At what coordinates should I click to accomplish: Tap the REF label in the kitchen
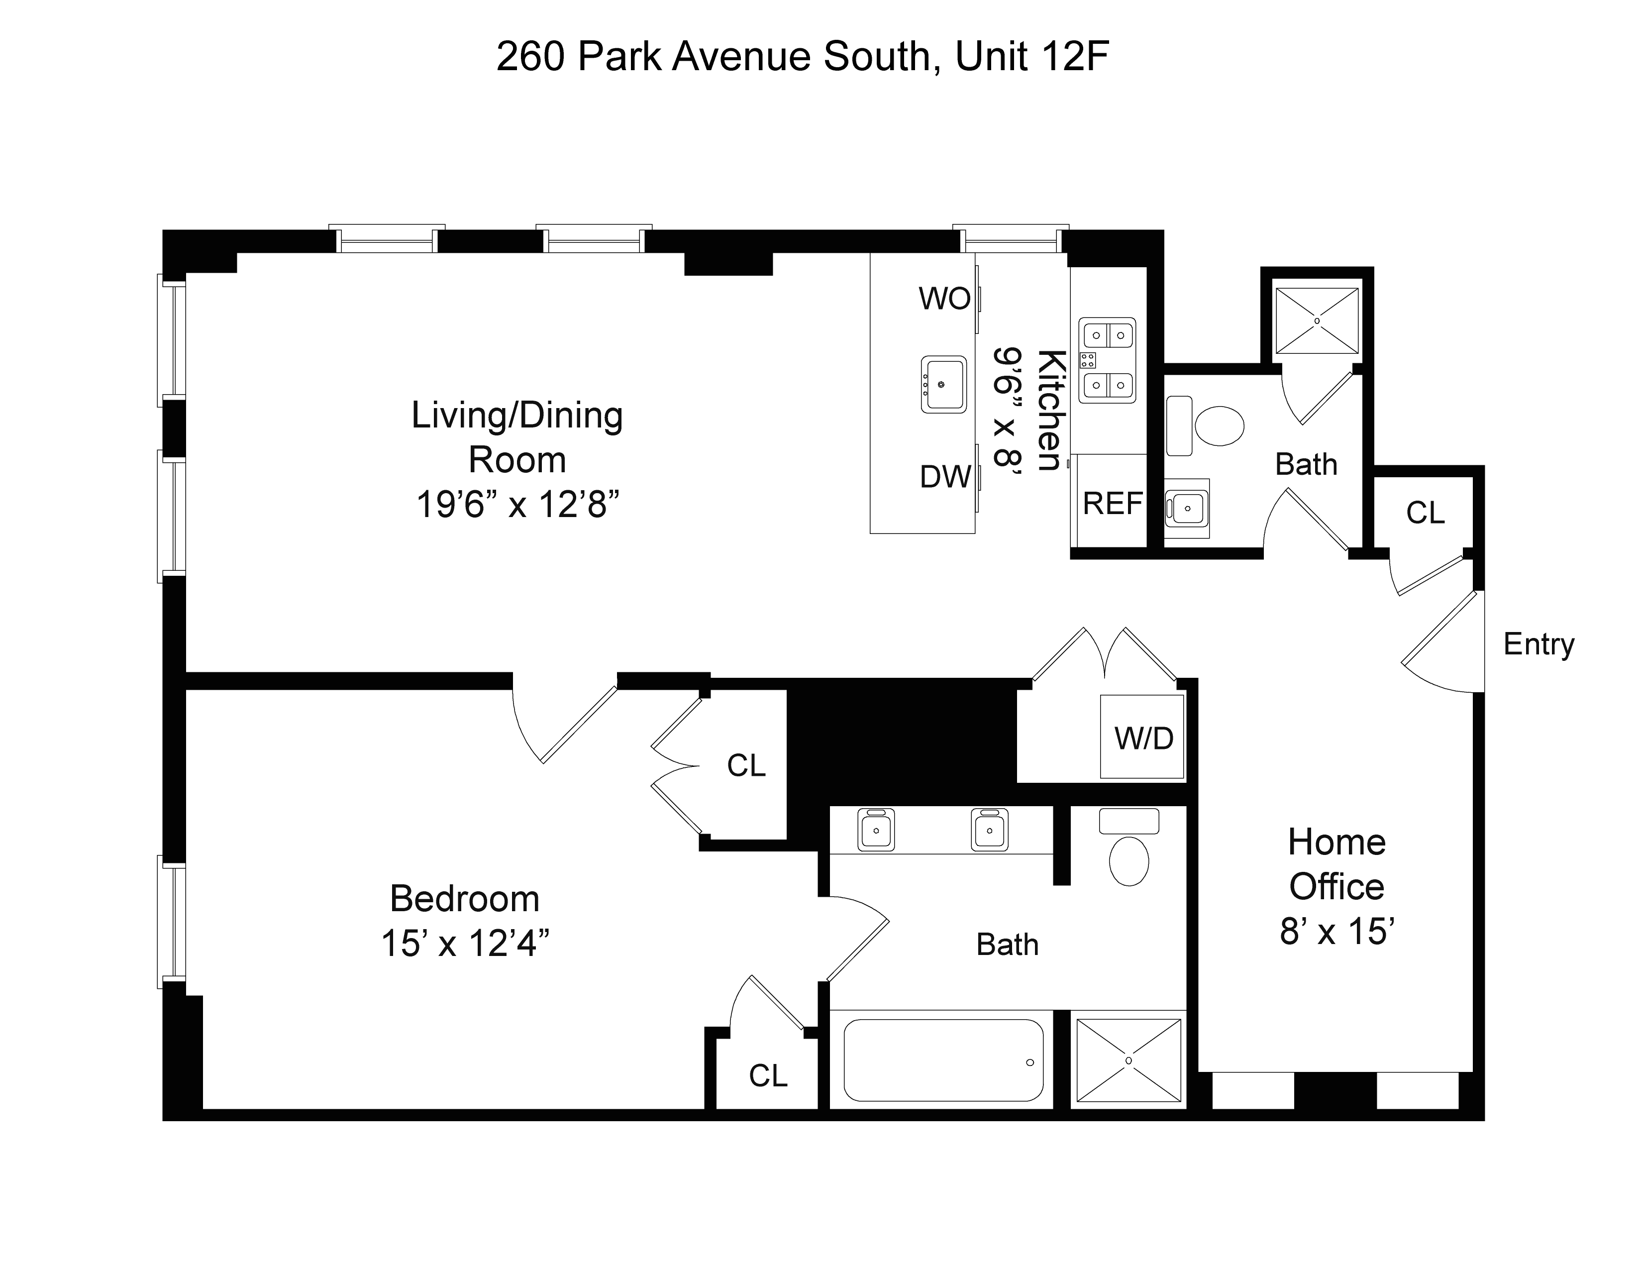(1112, 504)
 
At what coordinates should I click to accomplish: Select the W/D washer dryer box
(1143, 738)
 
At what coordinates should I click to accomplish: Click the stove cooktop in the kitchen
(1107, 360)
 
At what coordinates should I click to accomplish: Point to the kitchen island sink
(943, 384)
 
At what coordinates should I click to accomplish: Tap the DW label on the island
(945, 477)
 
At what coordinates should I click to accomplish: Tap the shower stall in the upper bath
(1317, 321)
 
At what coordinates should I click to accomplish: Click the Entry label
(1538, 644)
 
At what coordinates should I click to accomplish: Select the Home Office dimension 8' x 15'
(1337, 932)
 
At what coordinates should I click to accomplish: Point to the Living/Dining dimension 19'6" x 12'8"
(517, 505)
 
